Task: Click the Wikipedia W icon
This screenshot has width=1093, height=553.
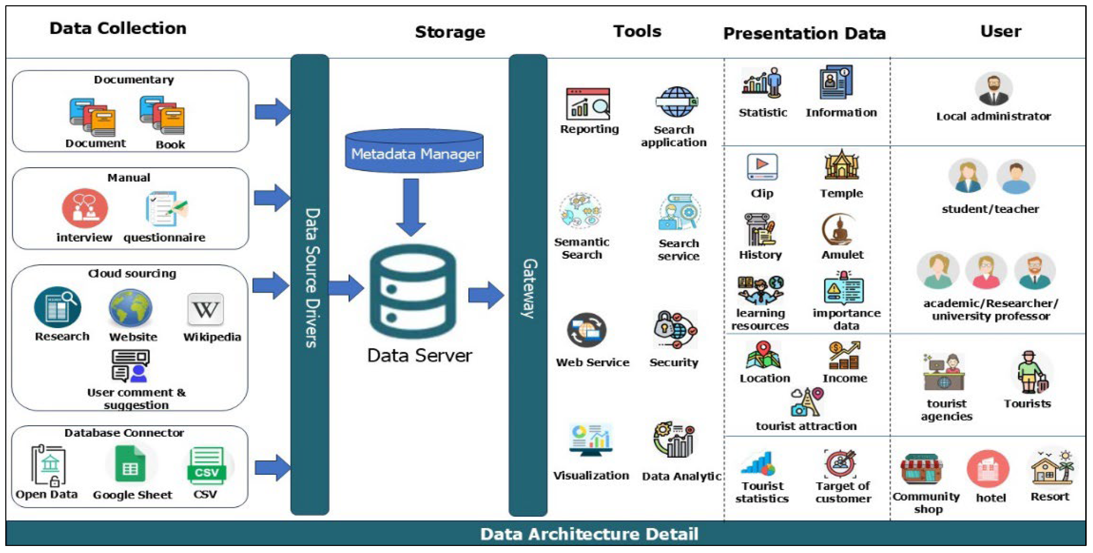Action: point(205,309)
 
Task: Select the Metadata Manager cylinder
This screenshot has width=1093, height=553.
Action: point(414,151)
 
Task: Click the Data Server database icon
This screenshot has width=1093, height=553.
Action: point(413,292)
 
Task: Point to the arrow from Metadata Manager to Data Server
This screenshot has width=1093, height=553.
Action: point(411,207)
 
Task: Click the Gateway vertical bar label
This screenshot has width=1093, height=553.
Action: point(529,288)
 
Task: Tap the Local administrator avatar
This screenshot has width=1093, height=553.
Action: point(994,89)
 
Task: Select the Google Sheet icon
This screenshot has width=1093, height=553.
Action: point(131,466)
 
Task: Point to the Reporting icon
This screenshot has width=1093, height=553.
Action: point(588,104)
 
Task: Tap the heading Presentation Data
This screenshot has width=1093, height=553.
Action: point(805,33)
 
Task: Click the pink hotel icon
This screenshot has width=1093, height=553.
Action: point(988,470)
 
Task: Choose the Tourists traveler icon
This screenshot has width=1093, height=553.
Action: point(1031,372)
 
